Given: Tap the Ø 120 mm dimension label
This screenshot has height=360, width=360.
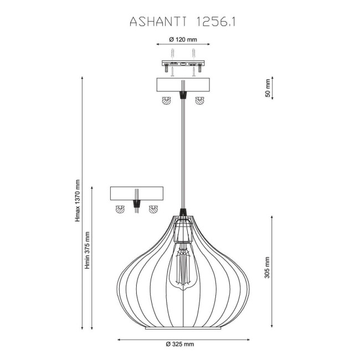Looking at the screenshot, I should click(182, 40).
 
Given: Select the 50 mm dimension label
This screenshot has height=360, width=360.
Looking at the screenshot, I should click(268, 88).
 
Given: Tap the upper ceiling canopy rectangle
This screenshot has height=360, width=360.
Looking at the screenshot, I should click(182, 85).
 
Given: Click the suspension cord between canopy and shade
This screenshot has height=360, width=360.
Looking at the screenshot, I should click(182, 155).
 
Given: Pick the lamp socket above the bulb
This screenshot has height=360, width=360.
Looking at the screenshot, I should click(182, 233).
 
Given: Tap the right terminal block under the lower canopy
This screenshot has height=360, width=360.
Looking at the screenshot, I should click(152, 209).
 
